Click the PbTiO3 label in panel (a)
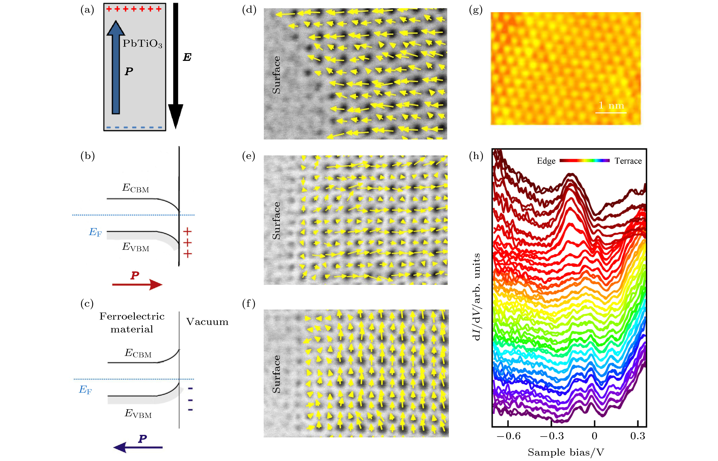[x=142, y=44]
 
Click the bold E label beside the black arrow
[x=187, y=57]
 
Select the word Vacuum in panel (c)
[x=207, y=322]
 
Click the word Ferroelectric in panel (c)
[x=132, y=316]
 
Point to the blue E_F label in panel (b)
[x=95, y=232]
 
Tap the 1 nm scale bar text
[x=611, y=105]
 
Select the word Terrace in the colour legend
[x=628, y=161]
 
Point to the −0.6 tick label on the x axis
[x=508, y=436]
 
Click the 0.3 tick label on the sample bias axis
[x=637, y=436]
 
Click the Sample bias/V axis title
[x=566, y=452]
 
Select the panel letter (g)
[x=476, y=10]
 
